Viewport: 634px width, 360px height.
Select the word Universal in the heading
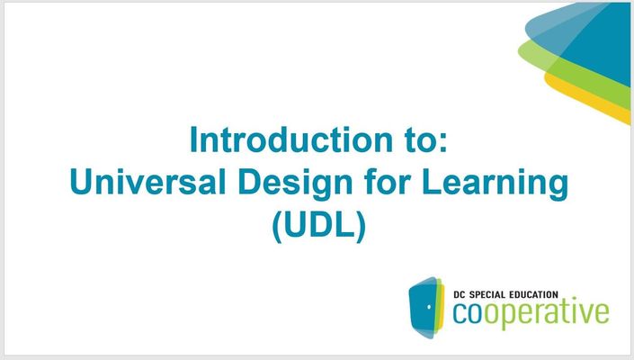[147, 182]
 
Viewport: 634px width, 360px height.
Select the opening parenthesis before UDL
[277, 227]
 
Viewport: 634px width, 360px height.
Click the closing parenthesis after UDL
[362, 227]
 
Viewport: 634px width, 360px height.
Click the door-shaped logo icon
[426, 308]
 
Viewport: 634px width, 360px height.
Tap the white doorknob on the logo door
[429, 307]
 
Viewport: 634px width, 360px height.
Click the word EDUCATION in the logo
[533, 294]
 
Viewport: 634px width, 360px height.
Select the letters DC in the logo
[459, 294]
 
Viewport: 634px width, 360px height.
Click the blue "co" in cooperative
[469, 313]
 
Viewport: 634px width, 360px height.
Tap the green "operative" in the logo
[547, 315]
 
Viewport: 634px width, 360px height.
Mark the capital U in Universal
[81, 182]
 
